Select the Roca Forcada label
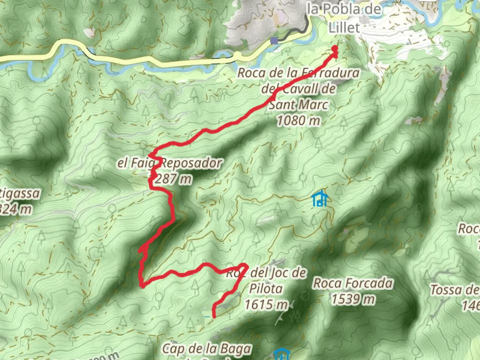[x=353, y=284]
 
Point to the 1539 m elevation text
[x=353, y=299]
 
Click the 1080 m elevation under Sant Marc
[x=298, y=120]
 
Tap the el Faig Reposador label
[x=169, y=163]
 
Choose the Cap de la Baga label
[x=206, y=349]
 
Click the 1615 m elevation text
[x=266, y=304]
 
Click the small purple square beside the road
[x=274, y=41]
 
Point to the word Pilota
[x=266, y=289]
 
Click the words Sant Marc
[x=298, y=105]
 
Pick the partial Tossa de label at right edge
[x=455, y=290]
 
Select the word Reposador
[x=191, y=163]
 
